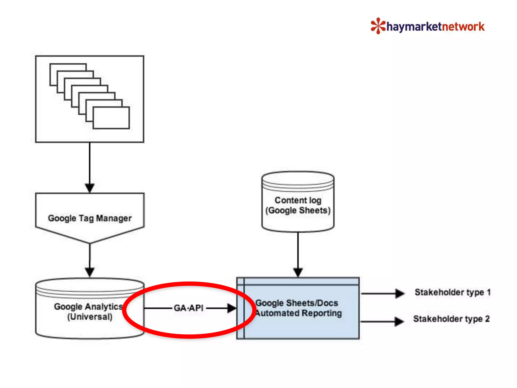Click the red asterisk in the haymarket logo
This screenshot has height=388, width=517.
(x=378, y=26)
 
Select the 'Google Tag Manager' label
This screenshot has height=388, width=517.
(x=90, y=218)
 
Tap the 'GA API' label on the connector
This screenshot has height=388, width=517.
(x=189, y=308)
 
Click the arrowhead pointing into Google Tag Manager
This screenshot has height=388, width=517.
(x=90, y=188)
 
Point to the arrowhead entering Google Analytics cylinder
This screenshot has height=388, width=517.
(x=90, y=272)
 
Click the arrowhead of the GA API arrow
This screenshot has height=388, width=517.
(x=231, y=308)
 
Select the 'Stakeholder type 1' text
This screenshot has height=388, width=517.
(x=452, y=292)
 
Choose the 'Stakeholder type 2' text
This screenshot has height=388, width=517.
(x=451, y=319)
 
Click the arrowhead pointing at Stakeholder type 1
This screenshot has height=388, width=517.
(x=400, y=294)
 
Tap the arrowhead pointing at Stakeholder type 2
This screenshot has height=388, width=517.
(x=399, y=322)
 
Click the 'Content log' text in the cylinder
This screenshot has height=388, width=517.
(x=298, y=200)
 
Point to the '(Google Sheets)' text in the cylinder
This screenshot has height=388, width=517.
(x=298, y=210)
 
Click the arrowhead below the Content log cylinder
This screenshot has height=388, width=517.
(x=298, y=272)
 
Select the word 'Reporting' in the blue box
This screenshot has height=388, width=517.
(x=322, y=313)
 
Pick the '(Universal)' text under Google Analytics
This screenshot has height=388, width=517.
(x=90, y=317)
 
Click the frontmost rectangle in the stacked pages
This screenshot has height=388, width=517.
(x=111, y=118)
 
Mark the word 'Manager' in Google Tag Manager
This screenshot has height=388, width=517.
(x=114, y=218)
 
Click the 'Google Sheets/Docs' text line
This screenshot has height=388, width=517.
(x=297, y=303)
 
